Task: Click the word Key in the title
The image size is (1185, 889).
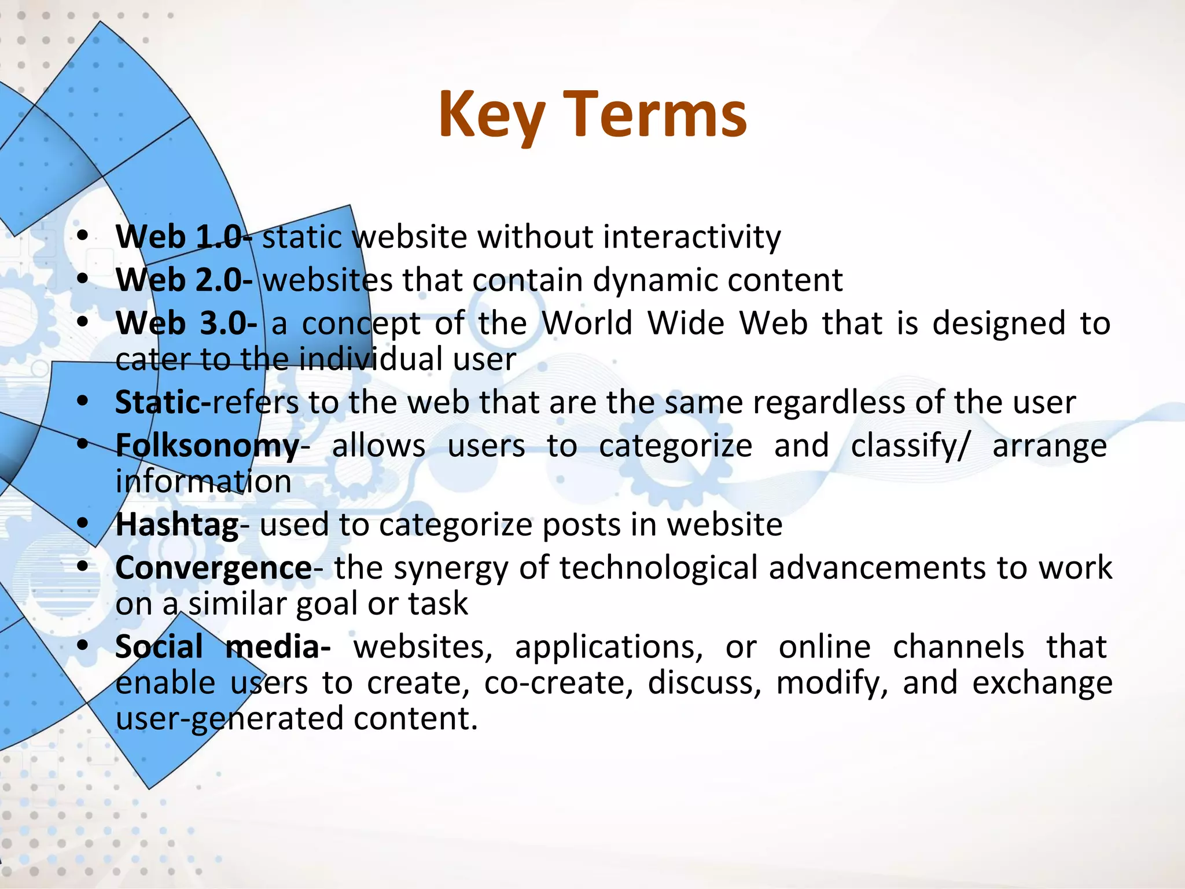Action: (491, 116)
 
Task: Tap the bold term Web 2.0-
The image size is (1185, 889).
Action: (184, 280)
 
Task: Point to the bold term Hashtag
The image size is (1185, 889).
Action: (177, 525)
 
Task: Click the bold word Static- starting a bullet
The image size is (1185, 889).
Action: (163, 403)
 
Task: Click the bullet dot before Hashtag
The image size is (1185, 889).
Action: (83, 523)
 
